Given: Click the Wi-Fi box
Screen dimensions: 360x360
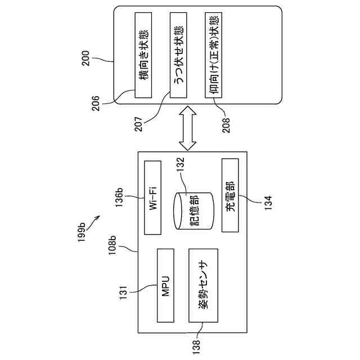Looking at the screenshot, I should pos(153,197).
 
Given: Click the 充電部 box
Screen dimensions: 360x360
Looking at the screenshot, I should pos(229,195).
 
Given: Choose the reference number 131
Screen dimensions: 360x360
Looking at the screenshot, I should pos(123,292).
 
